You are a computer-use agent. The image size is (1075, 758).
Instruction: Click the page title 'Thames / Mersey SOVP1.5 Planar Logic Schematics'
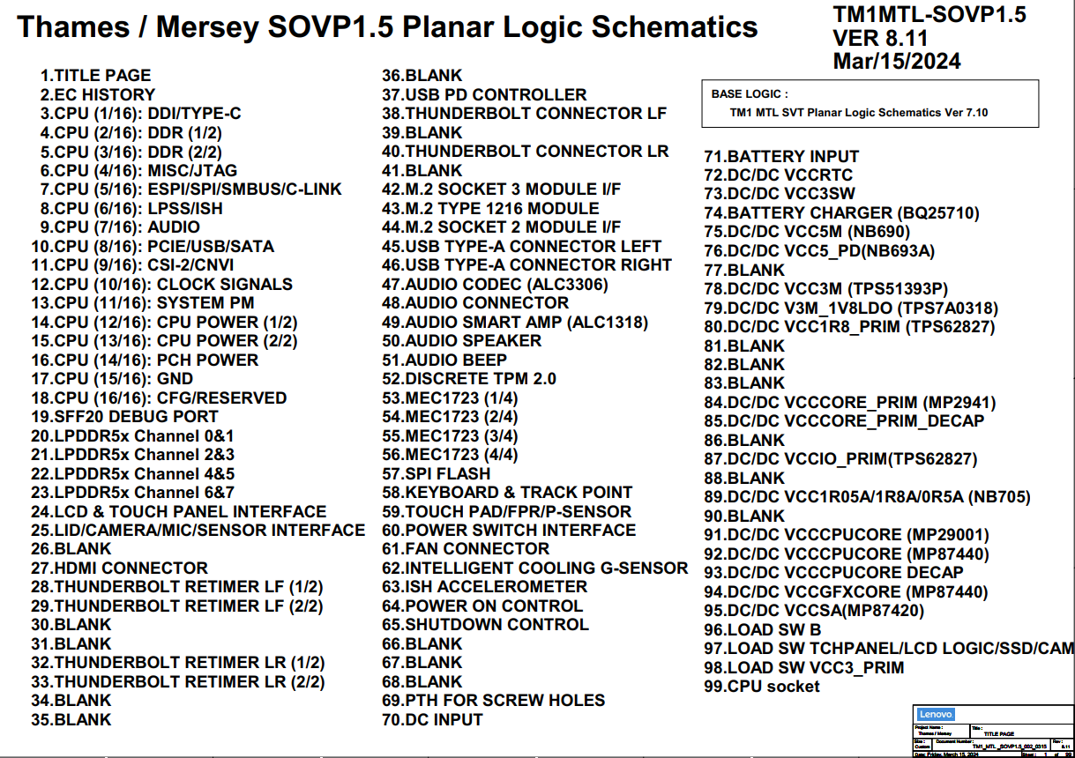coord(387,26)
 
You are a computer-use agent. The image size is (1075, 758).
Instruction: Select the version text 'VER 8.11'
coord(880,39)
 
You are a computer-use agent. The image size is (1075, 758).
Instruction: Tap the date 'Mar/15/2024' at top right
coord(897,61)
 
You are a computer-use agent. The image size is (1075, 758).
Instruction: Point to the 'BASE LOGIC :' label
coord(750,94)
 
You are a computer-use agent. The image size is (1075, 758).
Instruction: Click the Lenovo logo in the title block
coord(935,715)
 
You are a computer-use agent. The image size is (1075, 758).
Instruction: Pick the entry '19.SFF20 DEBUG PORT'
coord(124,416)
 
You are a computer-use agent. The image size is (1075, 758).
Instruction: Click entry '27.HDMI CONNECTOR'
coord(119,568)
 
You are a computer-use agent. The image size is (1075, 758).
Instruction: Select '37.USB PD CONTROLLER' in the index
coord(484,94)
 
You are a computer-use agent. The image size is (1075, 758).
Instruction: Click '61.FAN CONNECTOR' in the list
coord(465,548)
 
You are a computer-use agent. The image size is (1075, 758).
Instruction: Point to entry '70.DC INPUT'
coord(432,719)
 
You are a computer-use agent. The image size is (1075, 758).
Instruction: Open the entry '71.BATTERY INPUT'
coord(781,156)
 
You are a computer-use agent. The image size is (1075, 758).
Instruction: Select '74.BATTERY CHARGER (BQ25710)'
coord(841,212)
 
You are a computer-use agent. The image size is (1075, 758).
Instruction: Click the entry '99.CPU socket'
coord(762,686)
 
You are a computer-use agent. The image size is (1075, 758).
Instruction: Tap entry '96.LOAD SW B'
coord(763,629)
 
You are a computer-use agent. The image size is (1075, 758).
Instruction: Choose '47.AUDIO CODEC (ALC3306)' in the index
coord(495,284)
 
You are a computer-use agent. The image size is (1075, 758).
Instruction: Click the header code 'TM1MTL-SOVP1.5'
coord(929,15)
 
